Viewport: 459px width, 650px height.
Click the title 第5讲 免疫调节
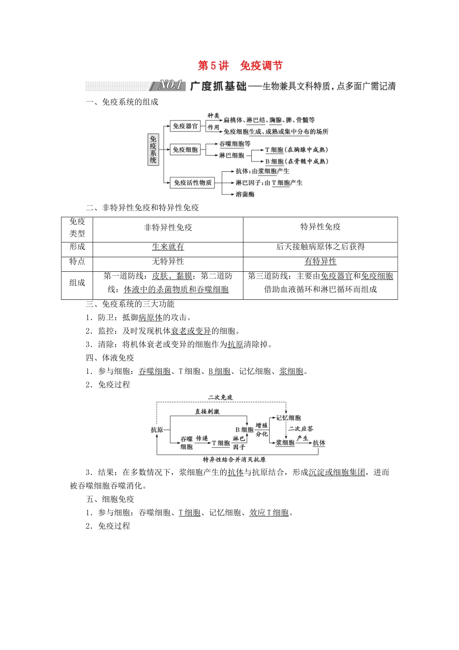click(240, 66)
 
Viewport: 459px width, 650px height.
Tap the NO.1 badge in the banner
click(172, 86)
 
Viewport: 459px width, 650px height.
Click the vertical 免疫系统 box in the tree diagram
click(153, 149)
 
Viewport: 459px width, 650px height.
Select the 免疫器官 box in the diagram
click(186, 126)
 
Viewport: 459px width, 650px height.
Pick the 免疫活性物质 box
click(192, 182)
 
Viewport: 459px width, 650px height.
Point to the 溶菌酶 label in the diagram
click(245, 194)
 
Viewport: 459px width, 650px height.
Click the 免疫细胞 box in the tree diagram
click(186, 150)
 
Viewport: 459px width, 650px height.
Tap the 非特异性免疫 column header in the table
click(168, 227)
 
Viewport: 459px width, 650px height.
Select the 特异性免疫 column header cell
click(320, 227)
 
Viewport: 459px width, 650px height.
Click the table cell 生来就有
click(168, 247)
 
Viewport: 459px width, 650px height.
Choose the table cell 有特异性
click(320, 262)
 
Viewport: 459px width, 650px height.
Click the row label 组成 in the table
click(77, 283)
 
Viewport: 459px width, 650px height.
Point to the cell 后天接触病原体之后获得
click(320, 247)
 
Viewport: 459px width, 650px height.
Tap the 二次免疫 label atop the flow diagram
click(220, 397)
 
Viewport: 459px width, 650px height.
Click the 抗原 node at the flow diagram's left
click(157, 429)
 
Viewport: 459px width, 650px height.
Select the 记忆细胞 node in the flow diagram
click(288, 417)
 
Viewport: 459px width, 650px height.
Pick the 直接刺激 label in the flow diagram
click(207, 411)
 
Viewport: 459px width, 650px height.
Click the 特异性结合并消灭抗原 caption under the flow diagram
click(234, 459)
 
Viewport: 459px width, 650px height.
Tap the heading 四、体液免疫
click(110, 358)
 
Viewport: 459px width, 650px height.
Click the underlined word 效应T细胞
click(269, 513)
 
